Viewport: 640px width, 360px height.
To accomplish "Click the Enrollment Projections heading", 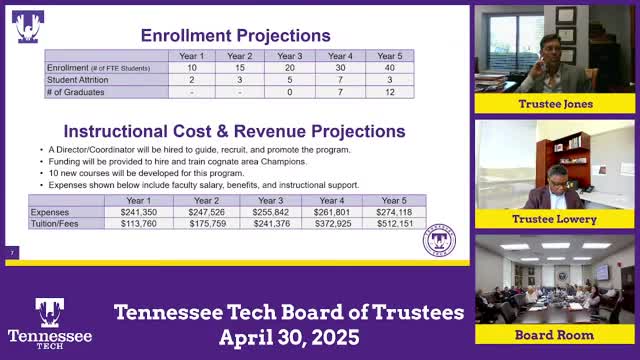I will point(235,36).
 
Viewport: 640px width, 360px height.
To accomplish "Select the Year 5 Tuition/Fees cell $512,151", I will point(395,223).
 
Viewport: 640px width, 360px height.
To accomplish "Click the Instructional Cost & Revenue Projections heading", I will point(235,131).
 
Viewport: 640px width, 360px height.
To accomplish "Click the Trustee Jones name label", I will point(554,104).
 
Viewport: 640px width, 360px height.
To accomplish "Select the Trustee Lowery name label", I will point(554,219).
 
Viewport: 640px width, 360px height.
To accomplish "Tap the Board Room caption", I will point(554,334).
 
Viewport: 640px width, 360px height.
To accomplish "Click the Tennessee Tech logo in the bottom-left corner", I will point(49,322).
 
